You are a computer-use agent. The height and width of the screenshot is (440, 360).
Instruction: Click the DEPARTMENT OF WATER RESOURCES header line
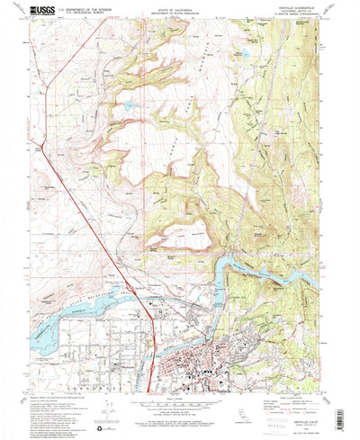click(x=181, y=16)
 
